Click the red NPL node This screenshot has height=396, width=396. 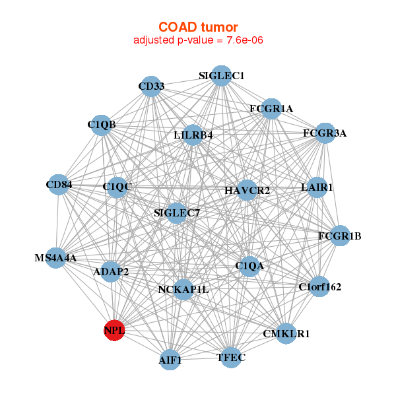pyautogui.click(x=114, y=330)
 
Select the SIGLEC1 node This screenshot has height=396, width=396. pyautogui.click(x=222, y=76)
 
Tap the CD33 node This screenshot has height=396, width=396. pyautogui.click(x=151, y=86)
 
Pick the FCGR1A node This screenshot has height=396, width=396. pyautogui.click(x=271, y=108)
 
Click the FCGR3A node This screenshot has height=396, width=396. pyautogui.click(x=325, y=133)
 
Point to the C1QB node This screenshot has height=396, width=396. pyautogui.click(x=101, y=125)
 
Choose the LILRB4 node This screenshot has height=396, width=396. pyautogui.click(x=193, y=135)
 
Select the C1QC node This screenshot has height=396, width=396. pyautogui.click(x=117, y=187)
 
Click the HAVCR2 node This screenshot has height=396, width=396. pyautogui.click(x=247, y=191)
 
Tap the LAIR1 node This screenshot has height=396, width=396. pyautogui.click(x=317, y=187)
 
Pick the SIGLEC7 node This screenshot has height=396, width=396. pyautogui.click(x=176, y=213)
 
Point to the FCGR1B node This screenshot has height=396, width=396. pyautogui.click(x=339, y=236)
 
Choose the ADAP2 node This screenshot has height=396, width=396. pyautogui.click(x=110, y=271)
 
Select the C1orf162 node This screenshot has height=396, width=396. pyautogui.click(x=319, y=287)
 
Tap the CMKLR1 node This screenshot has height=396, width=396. pyautogui.click(x=286, y=334)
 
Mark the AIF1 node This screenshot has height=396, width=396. pyautogui.click(x=170, y=360)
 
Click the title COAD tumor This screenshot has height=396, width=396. pyautogui.click(x=198, y=27)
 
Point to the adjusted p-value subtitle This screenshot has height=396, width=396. pyautogui.click(x=198, y=40)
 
